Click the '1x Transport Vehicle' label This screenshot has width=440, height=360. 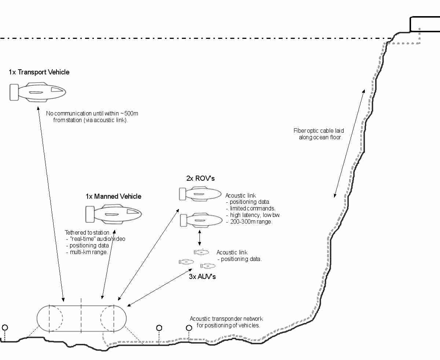(39, 72)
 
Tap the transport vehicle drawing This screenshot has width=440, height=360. (41, 91)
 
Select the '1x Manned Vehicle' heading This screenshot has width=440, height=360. (113, 196)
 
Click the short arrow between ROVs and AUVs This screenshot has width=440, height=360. (199, 238)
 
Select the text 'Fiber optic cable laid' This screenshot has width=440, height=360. (319, 131)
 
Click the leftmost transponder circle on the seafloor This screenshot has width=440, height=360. (5, 327)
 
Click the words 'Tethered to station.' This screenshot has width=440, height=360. (88, 232)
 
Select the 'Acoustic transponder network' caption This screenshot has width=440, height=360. (226, 319)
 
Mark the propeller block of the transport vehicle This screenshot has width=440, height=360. (14, 92)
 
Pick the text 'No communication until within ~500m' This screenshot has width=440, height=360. (92, 114)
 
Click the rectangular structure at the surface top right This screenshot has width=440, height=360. (425, 24)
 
